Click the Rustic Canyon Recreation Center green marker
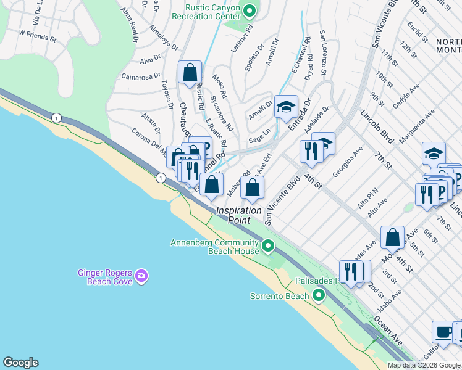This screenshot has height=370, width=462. [x=250, y=10]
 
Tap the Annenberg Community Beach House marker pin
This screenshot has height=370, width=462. [x=267, y=247]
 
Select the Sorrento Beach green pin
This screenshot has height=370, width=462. [x=319, y=296]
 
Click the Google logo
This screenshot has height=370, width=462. [x=20, y=363]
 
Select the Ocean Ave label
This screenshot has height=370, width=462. [x=388, y=332]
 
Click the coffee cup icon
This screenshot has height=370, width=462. [x=443, y=332]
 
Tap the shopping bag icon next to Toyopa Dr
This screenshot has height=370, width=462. [x=190, y=72]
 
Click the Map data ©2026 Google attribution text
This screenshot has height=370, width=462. [x=424, y=365]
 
